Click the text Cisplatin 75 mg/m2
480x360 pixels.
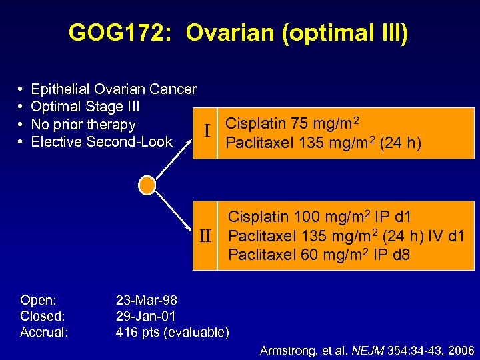pos(292,124)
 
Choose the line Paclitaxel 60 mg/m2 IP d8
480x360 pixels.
pos(319,255)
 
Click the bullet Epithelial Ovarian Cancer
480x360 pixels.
pos(113,89)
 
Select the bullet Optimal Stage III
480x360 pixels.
pos(85,107)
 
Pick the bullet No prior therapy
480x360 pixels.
pos(83,125)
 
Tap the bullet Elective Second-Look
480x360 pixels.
pos(101,142)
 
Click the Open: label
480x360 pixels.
pos(38,300)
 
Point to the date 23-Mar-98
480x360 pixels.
pos(146,300)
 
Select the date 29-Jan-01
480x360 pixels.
pos(145,316)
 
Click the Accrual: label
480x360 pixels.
pos(44,332)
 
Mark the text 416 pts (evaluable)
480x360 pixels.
pos(172,332)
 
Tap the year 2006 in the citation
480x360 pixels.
pos(461,350)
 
